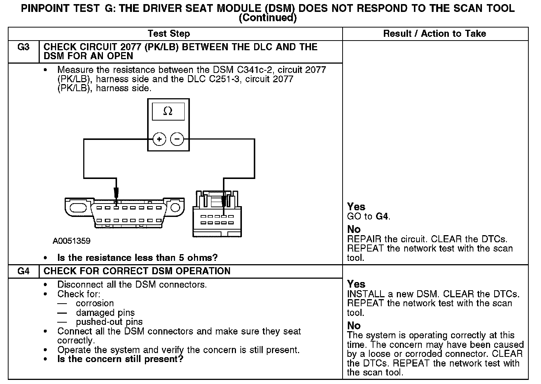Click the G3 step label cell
pos(23,48)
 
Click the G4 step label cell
pos(23,271)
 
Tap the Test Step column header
pos(169,34)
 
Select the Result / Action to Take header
pos(434,34)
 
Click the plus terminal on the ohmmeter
pos(159,140)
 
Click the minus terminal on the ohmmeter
pos(177,140)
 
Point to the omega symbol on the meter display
pos(168,111)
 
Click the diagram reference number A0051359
pos(71,241)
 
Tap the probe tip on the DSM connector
pos(223,203)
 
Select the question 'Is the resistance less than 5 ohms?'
pos(137,257)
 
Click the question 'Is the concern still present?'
pos(120,359)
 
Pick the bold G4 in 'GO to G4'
pos(382,216)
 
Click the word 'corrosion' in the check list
pos(95,303)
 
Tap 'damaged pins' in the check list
pos(105,313)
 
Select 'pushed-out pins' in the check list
pos(109,322)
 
